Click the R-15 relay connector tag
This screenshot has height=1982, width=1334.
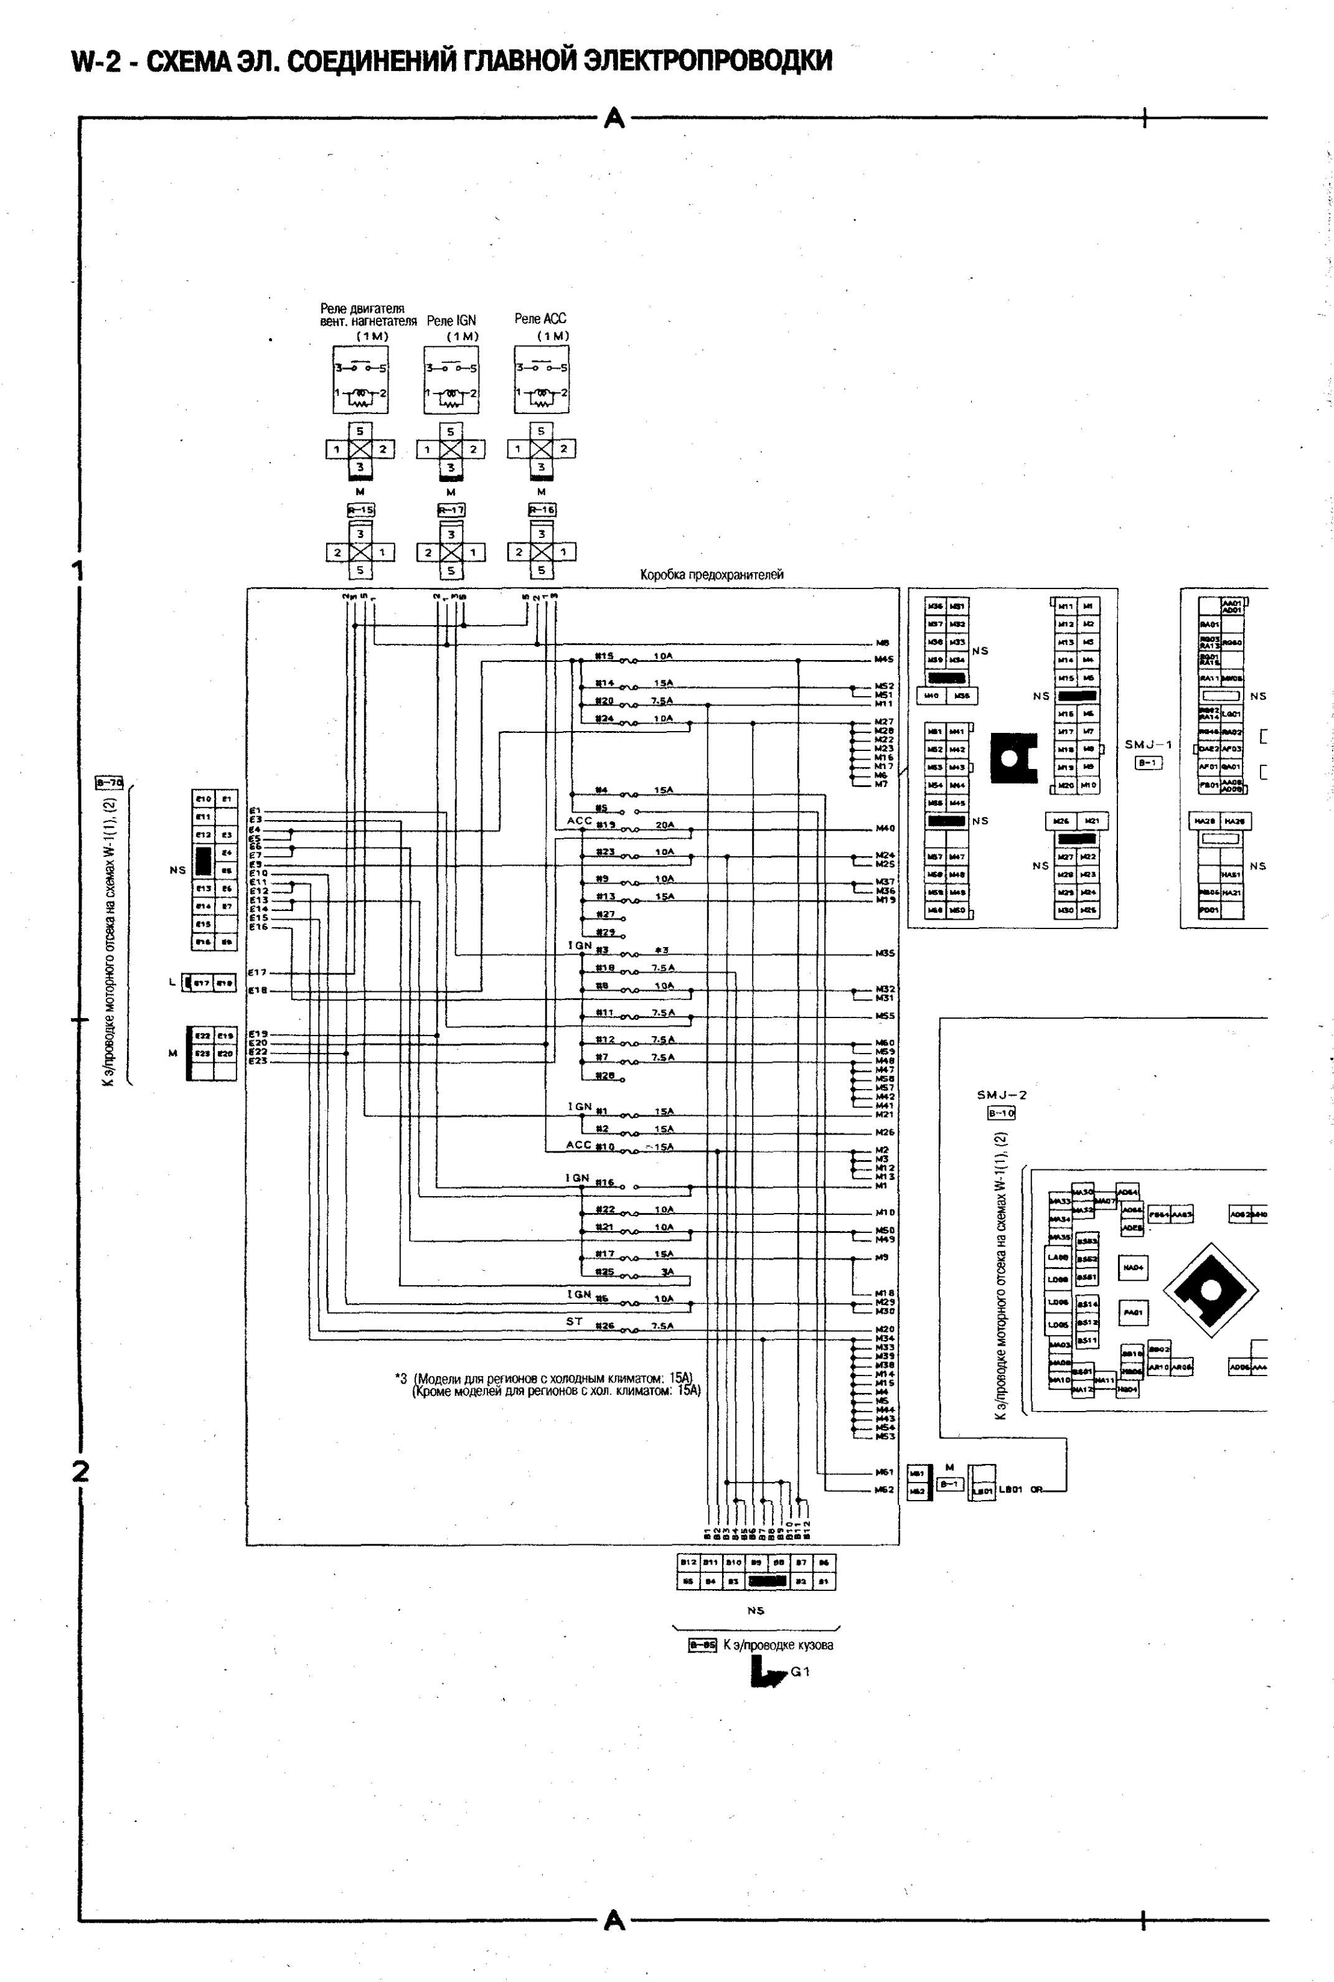pyautogui.click(x=360, y=511)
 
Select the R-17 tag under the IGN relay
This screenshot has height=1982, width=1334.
pyautogui.click(x=451, y=511)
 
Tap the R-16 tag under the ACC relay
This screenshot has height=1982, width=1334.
pyautogui.click(x=541, y=511)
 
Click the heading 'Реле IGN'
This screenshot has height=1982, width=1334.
pyautogui.click(x=451, y=321)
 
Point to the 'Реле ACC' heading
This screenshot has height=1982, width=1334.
pyautogui.click(x=540, y=318)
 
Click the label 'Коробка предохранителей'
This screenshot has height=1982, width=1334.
pyautogui.click(x=712, y=575)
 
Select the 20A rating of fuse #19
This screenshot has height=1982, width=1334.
pyautogui.click(x=664, y=824)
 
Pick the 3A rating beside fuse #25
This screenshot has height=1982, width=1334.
pyautogui.click(x=668, y=1272)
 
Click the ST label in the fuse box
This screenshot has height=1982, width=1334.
pyautogui.click(x=575, y=1321)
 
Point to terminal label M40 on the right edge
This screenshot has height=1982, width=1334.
pyautogui.click(x=885, y=828)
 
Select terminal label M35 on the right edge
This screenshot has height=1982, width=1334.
pyautogui.click(x=885, y=954)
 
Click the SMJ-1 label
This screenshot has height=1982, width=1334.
pyautogui.click(x=1148, y=745)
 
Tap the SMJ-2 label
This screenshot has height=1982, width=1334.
pyautogui.click(x=1002, y=1095)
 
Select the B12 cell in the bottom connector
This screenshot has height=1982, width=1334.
pyautogui.click(x=687, y=1562)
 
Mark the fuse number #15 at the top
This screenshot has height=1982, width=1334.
pyautogui.click(x=604, y=656)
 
